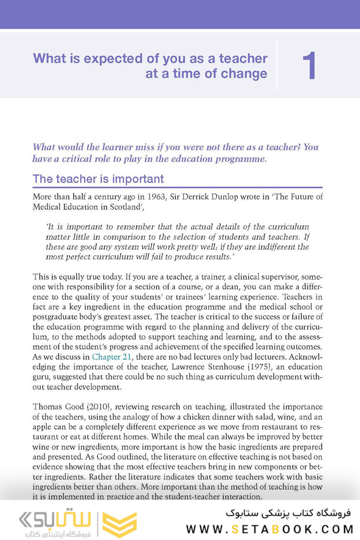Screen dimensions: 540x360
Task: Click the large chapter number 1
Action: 309,66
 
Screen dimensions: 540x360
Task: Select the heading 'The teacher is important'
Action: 98,179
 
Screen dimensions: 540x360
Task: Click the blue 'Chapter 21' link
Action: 113,356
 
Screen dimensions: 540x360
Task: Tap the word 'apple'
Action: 43,426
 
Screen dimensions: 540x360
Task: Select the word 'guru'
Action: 41,376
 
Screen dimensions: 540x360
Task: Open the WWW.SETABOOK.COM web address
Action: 269,529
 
